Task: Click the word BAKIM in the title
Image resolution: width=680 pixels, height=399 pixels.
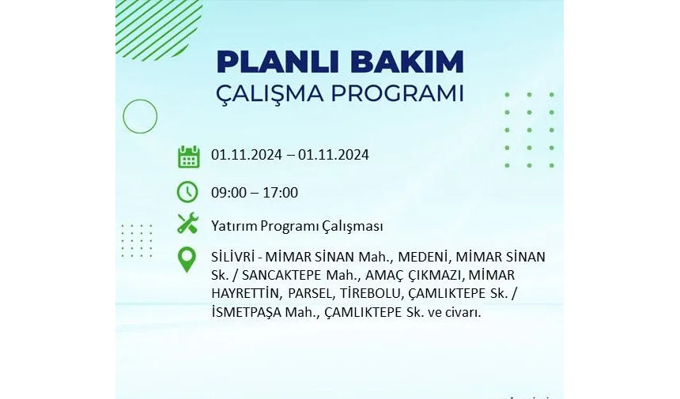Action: click(407, 62)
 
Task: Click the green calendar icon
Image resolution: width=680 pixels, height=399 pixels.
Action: click(189, 156)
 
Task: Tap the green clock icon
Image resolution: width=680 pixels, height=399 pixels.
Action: click(187, 192)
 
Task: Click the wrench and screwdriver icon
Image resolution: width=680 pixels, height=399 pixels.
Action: click(187, 224)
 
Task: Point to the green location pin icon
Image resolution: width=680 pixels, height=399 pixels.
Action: click(187, 259)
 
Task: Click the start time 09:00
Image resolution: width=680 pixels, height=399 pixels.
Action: click(229, 193)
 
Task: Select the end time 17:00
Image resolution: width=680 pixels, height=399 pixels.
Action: click(281, 193)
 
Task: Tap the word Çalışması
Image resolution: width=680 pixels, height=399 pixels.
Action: click(352, 226)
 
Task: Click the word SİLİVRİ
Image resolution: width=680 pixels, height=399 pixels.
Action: click(232, 257)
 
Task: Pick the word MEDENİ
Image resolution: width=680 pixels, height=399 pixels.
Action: click(422, 257)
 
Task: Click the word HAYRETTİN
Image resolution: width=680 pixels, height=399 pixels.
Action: click(244, 293)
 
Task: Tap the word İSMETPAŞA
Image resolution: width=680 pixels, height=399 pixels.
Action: click(247, 312)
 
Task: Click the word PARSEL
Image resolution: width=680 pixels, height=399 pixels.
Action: click(310, 294)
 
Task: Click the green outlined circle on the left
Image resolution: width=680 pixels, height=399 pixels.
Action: click(123, 116)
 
